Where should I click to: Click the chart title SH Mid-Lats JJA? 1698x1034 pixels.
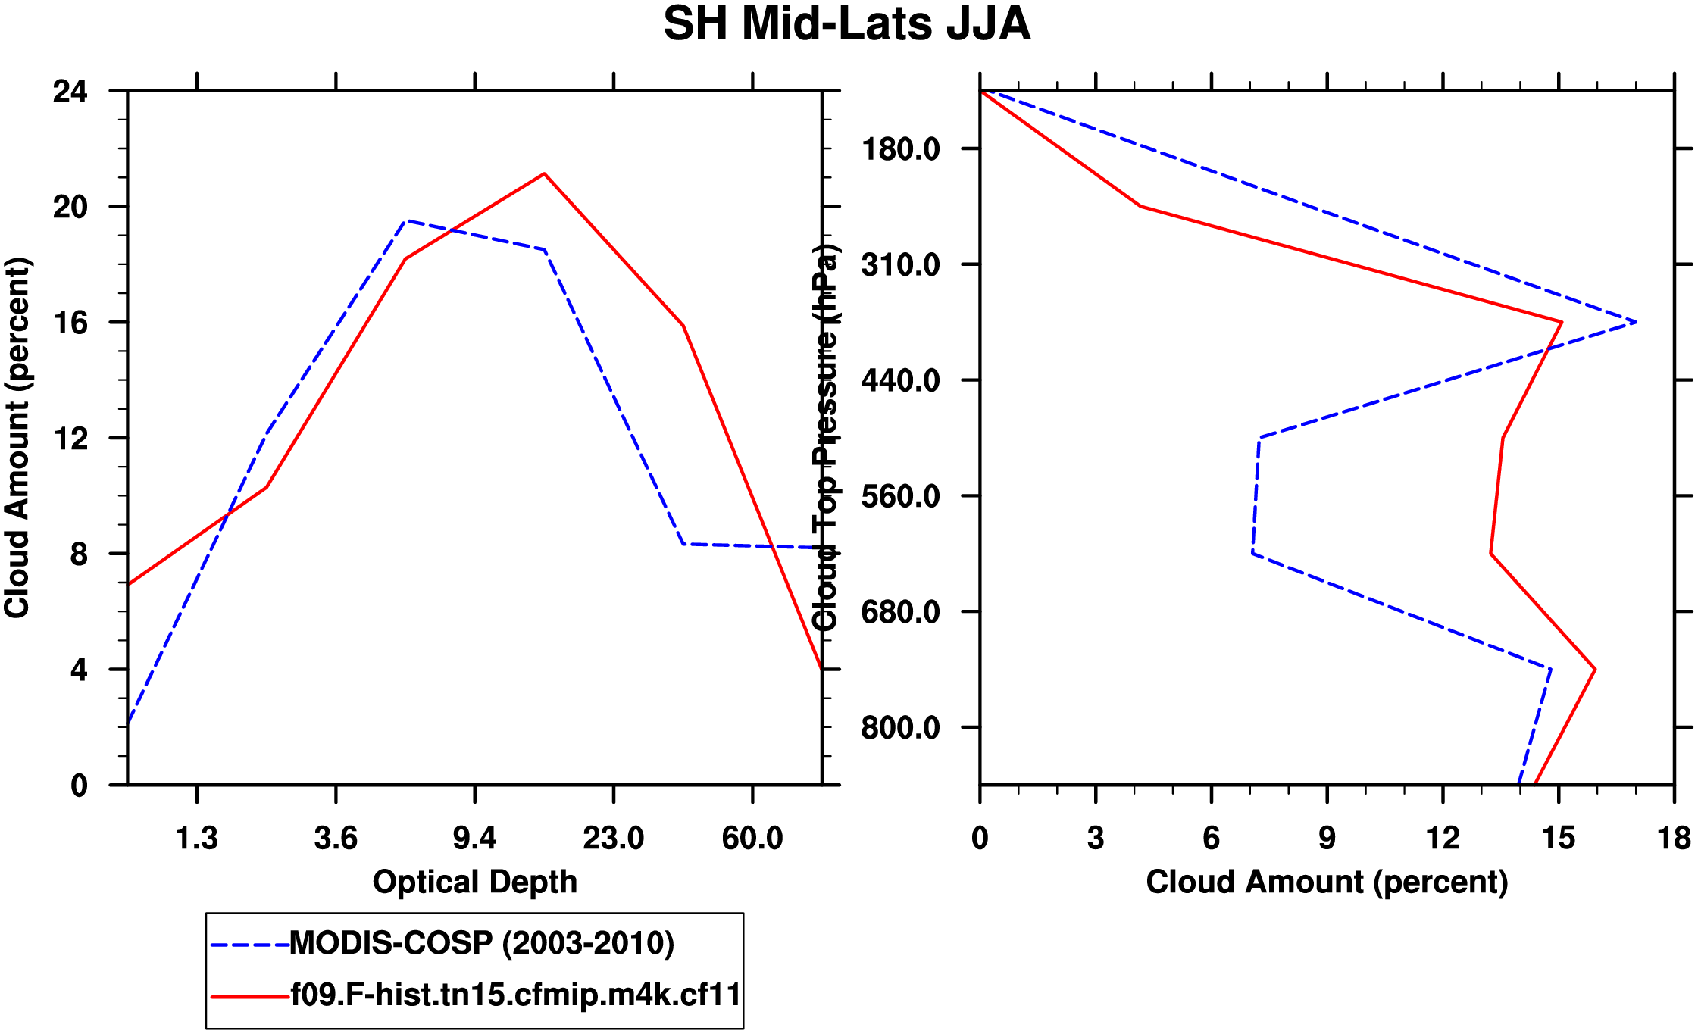tap(846, 24)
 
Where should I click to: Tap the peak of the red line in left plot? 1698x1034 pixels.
tap(544, 174)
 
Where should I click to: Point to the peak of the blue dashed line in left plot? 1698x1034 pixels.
tap(407, 221)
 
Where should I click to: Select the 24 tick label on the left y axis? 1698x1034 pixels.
tap(70, 92)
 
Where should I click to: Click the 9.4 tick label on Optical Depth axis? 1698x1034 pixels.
tap(474, 839)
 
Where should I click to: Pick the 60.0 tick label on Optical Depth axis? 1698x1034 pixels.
tap(752, 839)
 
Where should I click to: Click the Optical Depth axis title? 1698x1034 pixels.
tap(474, 882)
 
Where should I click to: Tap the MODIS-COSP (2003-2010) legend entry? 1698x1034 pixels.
tap(482, 943)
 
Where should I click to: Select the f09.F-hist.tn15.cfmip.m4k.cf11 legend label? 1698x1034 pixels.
tap(515, 995)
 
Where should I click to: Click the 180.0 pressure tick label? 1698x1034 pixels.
tap(901, 149)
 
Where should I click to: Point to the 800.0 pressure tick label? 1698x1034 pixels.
tap(901, 728)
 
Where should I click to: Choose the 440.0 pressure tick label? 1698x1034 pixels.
tap(901, 380)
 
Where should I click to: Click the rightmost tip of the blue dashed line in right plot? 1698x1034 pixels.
tap(1637, 323)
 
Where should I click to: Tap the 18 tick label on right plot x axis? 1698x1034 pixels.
tap(1674, 839)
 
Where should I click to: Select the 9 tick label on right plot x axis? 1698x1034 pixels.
tap(1327, 839)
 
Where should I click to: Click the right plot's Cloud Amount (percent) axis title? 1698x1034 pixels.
tap(1327, 882)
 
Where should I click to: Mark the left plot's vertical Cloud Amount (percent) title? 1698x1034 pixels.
tap(17, 438)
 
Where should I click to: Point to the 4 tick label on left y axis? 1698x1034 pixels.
tap(79, 670)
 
